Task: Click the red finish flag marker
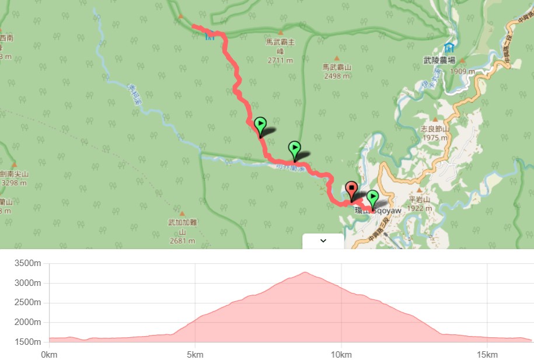tap(351, 190)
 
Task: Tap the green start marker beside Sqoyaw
tap(372, 199)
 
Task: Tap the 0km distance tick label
tap(49, 355)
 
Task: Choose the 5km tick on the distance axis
tap(195, 355)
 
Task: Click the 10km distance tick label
tap(341, 355)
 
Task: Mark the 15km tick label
tap(487, 355)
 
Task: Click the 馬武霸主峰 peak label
tap(280, 46)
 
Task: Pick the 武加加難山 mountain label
tap(182, 226)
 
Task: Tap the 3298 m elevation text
tap(14, 183)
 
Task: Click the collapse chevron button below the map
tap(323, 241)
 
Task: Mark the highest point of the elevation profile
tap(305, 272)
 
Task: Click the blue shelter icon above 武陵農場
tap(449, 47)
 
